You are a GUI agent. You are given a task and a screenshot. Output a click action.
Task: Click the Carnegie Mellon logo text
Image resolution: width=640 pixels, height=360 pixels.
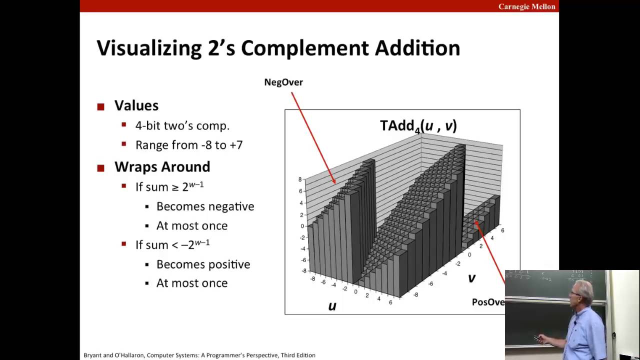coord(526,6)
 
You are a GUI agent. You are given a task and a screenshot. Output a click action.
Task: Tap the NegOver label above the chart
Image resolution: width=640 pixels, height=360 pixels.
coord(283,82)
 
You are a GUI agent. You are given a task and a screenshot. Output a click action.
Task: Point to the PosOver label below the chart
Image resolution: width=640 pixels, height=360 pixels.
coord(488,302)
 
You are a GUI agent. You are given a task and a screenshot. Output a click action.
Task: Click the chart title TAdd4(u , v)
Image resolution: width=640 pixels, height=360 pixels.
coord(418,125)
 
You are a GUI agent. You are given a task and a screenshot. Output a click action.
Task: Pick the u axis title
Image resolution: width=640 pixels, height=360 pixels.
coord(332,306)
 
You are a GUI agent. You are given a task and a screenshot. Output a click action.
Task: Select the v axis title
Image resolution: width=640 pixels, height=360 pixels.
coord(471,278)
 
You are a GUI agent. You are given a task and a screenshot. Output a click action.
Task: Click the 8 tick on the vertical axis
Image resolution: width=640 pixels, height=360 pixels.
coord(300,179)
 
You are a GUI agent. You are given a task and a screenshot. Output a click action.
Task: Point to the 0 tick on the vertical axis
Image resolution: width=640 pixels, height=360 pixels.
coord(301,226)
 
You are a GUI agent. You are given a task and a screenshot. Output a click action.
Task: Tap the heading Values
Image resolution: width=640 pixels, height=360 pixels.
coord(136,105)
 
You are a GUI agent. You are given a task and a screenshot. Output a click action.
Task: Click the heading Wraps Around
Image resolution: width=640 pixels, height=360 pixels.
coord(162,166)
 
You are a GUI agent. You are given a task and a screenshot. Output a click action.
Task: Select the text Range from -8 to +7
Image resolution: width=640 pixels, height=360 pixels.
coord(188,145)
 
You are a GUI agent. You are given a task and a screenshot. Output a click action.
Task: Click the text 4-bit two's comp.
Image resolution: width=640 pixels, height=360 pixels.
coord(182,125)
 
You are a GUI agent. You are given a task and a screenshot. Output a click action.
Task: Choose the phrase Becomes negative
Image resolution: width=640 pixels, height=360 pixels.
coord(205,206)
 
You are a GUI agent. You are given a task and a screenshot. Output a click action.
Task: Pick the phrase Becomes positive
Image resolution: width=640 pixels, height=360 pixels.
coord(203,264)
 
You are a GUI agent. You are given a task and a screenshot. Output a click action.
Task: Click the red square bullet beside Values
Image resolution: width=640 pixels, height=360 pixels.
coord(100,106)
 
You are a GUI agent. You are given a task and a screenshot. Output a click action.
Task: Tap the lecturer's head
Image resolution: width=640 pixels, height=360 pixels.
coord(582,290)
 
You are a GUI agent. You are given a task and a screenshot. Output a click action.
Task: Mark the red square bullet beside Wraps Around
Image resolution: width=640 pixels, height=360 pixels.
coord(100,168)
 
